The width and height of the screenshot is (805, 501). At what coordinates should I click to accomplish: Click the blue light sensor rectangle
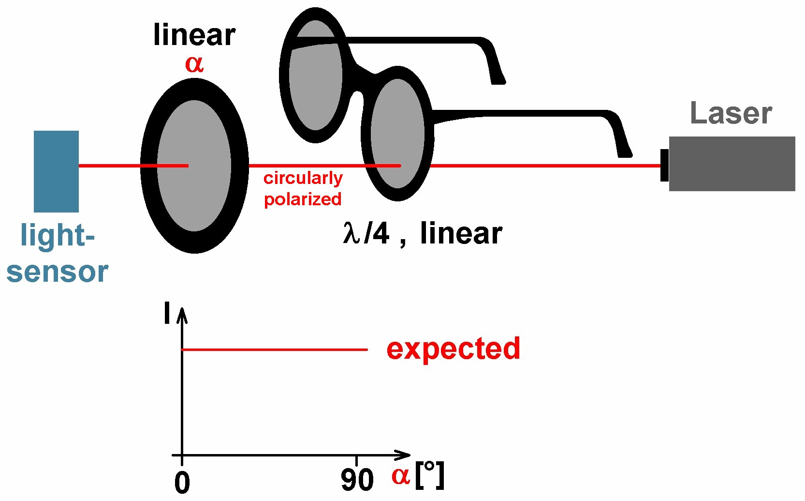point(56,171)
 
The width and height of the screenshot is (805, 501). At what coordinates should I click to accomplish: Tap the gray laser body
point(732,164)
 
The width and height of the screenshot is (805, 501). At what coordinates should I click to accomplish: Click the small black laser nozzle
point(664,165)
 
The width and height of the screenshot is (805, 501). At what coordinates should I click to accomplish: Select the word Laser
point(731,113)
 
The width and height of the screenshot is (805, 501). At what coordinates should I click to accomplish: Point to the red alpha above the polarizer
point(194,64)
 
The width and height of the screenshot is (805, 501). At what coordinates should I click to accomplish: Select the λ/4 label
point(366,233)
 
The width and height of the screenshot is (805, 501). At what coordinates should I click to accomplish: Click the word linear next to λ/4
point(461,233)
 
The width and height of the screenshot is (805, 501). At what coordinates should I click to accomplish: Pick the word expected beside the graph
point(453,349)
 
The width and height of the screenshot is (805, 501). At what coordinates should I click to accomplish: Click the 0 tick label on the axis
point(182,483)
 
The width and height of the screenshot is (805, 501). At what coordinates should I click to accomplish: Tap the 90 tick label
point(357,480)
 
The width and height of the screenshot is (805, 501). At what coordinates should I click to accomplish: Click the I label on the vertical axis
point(167,313)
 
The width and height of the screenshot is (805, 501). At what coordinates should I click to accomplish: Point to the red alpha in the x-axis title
point(401,476)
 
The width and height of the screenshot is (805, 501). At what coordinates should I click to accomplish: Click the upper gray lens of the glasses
point(316,75)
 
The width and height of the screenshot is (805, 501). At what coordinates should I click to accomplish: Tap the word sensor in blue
point(58,272)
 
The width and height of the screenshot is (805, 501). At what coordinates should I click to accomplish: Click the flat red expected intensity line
point(274,349)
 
